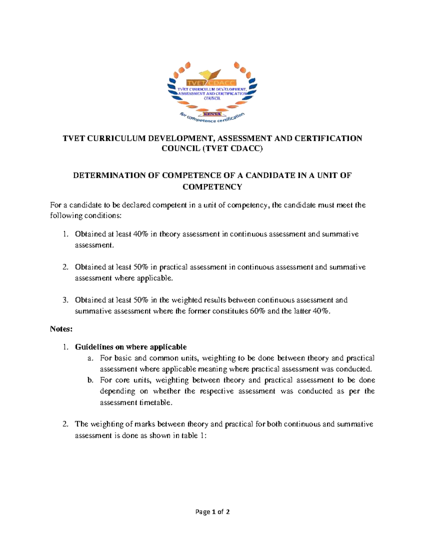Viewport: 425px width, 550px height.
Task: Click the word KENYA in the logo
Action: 212,114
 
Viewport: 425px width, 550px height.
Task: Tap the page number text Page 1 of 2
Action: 212,511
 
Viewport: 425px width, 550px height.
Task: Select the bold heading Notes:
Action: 61,329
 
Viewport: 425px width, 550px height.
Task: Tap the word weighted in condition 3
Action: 186,300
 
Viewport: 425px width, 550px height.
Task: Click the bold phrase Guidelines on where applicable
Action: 131,347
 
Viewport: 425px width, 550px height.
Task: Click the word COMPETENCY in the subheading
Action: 212,187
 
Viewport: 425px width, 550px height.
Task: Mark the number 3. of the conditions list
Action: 65,300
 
